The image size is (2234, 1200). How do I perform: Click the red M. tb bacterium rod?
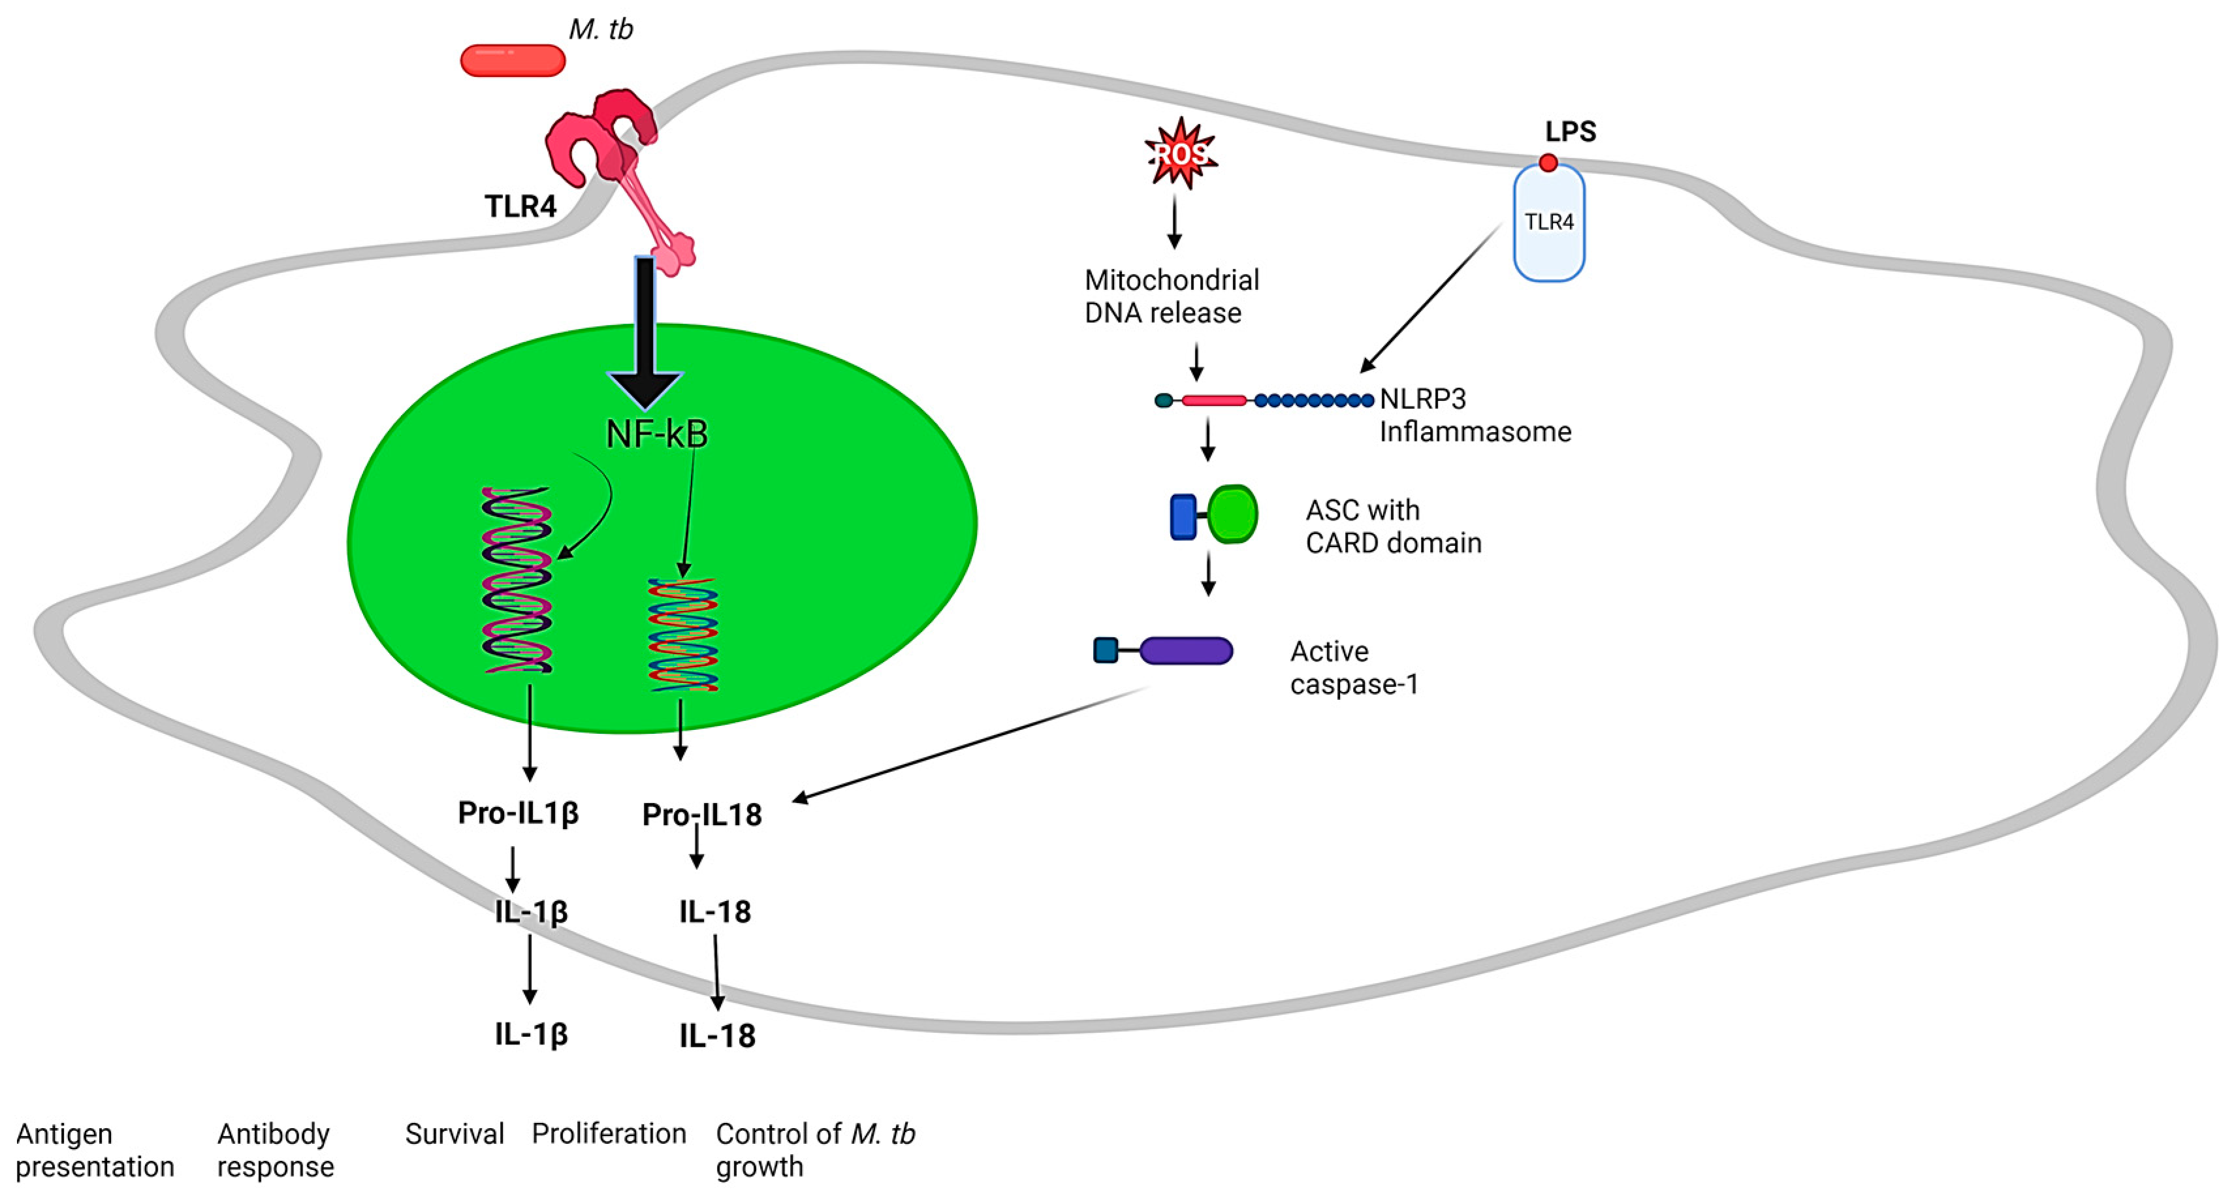[513, 61]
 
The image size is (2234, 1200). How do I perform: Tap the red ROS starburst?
[1179, 154]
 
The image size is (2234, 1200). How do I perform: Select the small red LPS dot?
[1548, 162]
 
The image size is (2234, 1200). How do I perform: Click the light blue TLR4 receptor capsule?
[1549, 225]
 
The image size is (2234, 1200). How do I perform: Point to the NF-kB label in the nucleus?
[656, 434]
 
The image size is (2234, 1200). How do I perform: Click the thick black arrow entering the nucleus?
[645, 330]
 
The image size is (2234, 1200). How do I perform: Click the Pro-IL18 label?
[701, 815]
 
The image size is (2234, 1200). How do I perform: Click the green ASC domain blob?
[1232, 514]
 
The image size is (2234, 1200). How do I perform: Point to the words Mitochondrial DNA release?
[1171, 296]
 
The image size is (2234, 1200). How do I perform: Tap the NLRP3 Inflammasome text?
[1475, 415]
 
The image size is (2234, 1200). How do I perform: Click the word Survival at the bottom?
[455, 1133]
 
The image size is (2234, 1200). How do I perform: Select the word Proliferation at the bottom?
[609, 1133]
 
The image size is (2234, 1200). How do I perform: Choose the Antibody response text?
[275, 1150]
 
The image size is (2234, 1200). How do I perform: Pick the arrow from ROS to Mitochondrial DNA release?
[1174, 222]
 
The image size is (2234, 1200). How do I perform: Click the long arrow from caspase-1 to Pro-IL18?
[971, 743]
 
